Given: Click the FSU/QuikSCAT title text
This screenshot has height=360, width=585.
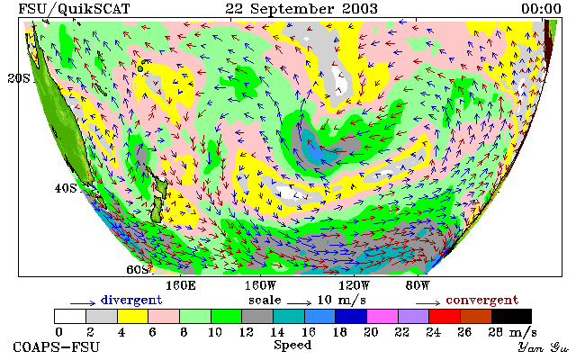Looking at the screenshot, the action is click(74, 9).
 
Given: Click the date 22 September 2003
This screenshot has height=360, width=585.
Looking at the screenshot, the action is click(301, 9).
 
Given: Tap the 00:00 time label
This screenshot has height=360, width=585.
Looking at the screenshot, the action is click(541, 9).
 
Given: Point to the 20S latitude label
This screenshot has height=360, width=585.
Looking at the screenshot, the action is click(19, 78).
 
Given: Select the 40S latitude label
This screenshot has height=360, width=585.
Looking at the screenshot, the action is click(66, 188).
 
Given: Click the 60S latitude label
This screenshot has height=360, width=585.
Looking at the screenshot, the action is click(138, 269).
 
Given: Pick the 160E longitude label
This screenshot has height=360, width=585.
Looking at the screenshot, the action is click(181, 286).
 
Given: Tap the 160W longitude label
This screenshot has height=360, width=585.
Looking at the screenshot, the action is click(260, 286).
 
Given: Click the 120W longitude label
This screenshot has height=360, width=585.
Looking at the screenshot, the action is click(354, 286).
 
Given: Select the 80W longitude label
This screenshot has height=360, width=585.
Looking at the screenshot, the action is click(418, 286).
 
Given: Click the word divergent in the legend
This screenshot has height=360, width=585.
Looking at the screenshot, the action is click(131, 301).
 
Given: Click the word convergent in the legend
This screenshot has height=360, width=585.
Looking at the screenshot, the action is click(482, 301).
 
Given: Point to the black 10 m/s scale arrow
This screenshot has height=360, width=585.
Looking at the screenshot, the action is click(299, 303).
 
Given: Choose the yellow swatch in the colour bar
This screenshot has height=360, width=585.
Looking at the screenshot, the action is click(133, 316).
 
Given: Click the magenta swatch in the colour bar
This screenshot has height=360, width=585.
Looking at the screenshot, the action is click(382, 316).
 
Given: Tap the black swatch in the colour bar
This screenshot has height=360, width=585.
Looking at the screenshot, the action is click(511, 316).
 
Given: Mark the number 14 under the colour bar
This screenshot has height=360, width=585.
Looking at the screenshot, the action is click(277, 332).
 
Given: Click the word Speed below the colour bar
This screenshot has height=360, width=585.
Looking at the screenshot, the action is click(292, 346).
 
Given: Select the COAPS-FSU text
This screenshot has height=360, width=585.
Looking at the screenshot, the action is click(57, 347).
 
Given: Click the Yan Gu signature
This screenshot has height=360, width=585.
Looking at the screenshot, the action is click(544, 347).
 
